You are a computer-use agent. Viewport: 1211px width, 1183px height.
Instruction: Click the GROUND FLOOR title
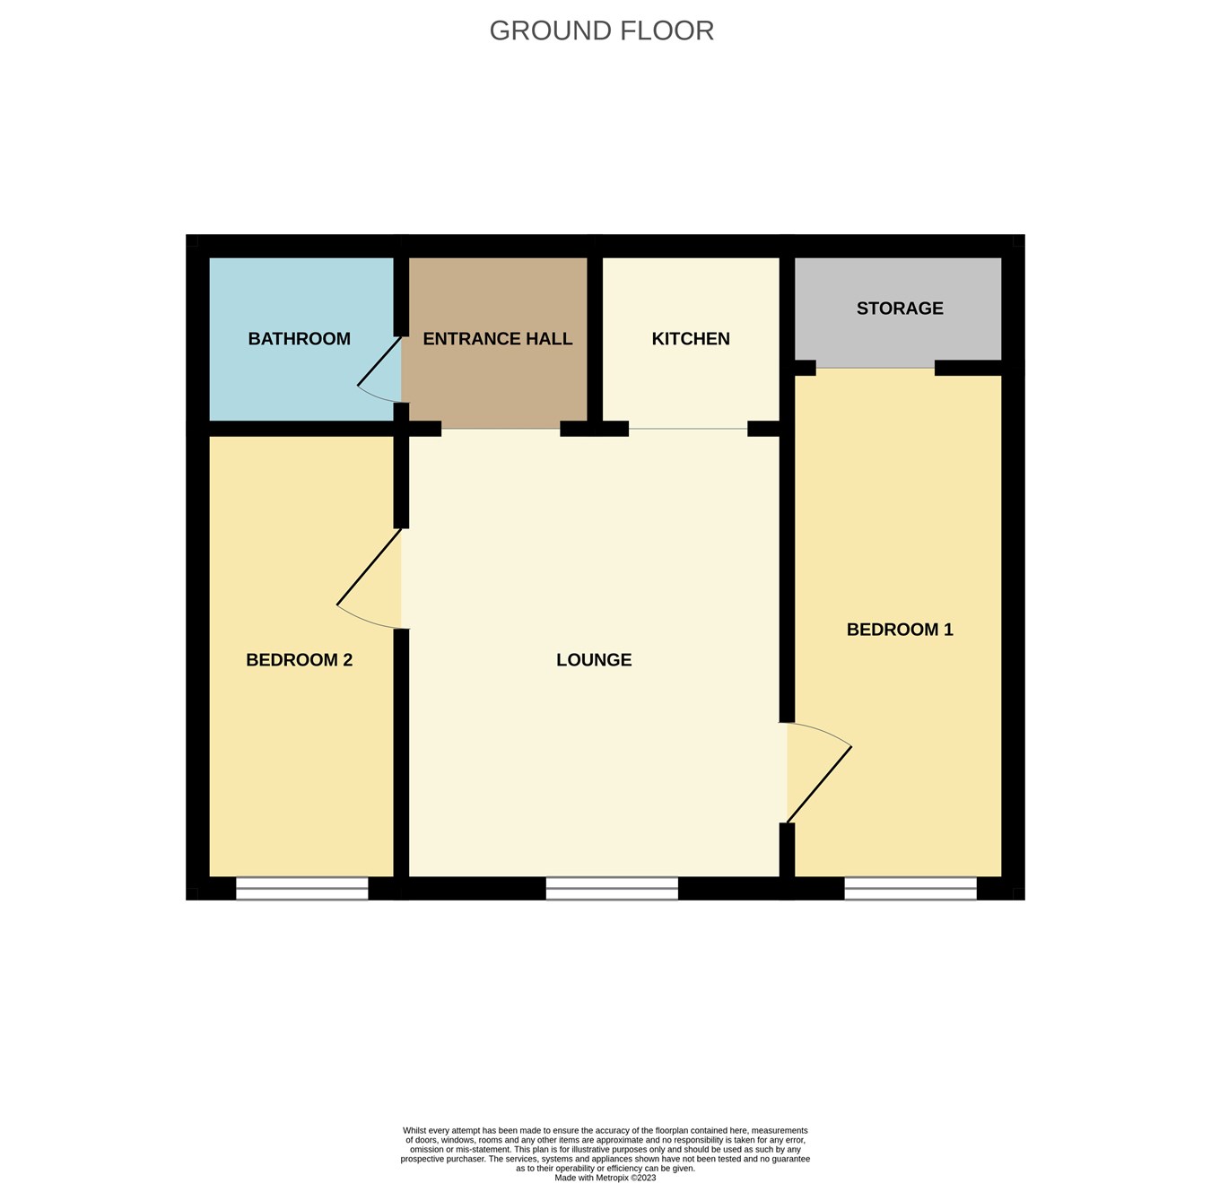pyautogui.click(x=601, y=30)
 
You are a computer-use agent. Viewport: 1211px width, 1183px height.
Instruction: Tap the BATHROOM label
pyautogui.click(x=299, y=338)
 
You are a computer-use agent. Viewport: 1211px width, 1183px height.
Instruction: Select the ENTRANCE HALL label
pyautogui.click(x=497, y=338)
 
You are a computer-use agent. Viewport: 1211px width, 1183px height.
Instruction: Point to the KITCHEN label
pyautogui.click(x=690, y=338)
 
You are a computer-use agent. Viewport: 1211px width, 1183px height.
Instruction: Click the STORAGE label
pyautogui.click(x=899, y=308)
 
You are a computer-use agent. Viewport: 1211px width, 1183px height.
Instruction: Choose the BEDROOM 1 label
pyautogui.click(x=899, y=629)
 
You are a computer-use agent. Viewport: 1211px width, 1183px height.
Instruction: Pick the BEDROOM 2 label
pyautogui.click(x=299, y=659)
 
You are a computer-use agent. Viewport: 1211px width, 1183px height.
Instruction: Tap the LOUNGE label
pyautogui.click(x=593, y=659)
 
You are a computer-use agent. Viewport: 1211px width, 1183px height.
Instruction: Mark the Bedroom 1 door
pyautogui.click(x=818, y=784)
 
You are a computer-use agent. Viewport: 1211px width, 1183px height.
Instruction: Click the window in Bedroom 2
pyautogui.click(x=301, y=888)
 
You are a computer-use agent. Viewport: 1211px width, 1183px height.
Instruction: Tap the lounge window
pyautogui.click(x=612, y=888)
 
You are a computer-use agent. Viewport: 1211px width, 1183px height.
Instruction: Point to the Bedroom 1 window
pyautogui.click(x=910, y=888)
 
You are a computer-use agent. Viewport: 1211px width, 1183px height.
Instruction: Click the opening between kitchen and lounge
pyautogui.click(x=687, y=429)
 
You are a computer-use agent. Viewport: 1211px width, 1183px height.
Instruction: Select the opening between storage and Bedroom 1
pyautogui.click(x=875, y=368)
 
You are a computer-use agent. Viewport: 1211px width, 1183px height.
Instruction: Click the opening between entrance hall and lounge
pyautogui.click(x=501, y=429)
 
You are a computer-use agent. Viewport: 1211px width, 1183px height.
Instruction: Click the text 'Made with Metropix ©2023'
pyautogui.click(x=605, y=1178)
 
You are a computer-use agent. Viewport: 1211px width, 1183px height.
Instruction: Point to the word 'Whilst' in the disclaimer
pyautogui.click(x=415, y=1130)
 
